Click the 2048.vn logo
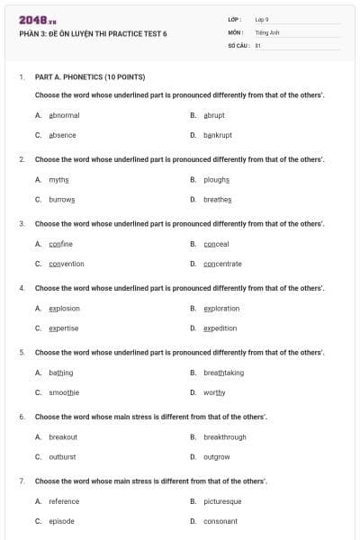38,20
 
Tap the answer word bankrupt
218,135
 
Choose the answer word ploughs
217,179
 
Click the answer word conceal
216,244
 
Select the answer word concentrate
222,264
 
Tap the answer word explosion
64,308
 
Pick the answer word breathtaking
223,373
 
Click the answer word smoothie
64,392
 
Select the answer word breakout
63,436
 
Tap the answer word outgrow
217,456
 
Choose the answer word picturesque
222,501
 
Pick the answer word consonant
220,521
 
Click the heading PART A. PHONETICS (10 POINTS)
90,77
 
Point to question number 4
22,288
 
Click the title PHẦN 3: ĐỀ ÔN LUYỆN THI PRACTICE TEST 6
93,34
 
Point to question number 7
22,481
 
